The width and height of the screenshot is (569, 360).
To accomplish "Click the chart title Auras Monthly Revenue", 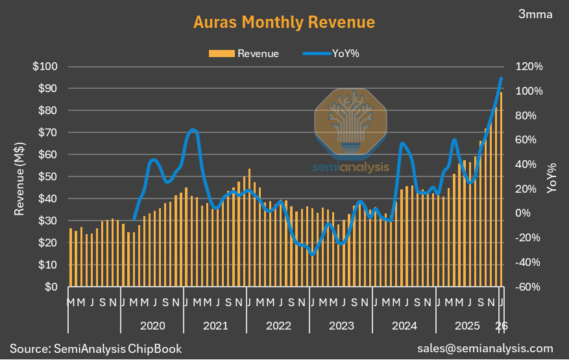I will coord(284,22).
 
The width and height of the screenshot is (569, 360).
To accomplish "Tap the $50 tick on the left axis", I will coord(47,176).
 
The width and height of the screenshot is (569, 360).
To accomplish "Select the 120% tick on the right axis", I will coord(528,67).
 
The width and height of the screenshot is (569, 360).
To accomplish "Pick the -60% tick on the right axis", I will coord(528,287).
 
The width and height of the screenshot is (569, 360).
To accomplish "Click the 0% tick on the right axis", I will coord(523,213).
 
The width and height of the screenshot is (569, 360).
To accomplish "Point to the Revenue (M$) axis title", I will coord(20,176).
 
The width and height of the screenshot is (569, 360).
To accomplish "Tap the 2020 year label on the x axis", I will coord(152,325).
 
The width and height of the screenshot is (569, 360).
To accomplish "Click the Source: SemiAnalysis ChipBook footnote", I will coord(95,348).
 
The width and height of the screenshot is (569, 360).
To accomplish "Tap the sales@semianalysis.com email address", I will coord(485,348).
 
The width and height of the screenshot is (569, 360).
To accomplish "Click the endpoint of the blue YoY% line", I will coord(501,78).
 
